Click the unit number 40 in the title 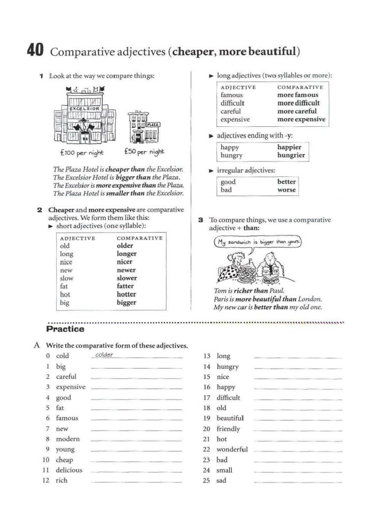[35, 51]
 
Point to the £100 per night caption [81, 153]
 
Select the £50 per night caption [144, 151]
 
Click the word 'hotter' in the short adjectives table [126, 295]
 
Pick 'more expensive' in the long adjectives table [301, 120]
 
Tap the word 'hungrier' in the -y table [291, 155]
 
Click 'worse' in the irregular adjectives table [286, 190]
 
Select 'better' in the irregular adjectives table [286, 182]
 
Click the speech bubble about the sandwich [258, 242]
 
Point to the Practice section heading [65, 330]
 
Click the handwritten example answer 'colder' [104, 355]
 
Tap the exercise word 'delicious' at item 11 [69, 470]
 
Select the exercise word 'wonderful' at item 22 [232, 449]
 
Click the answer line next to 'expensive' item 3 [136, 388]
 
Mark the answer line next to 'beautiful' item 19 [298, 419]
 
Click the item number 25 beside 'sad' [207, 480]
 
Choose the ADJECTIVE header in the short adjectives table [77, 238]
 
